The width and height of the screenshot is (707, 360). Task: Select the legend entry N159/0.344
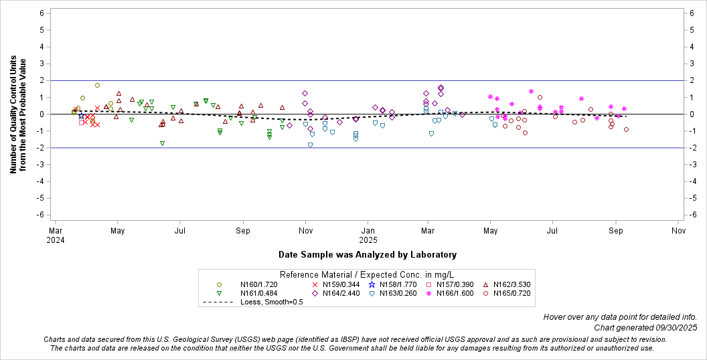[341, 284]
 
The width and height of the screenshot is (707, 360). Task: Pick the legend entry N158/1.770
[398, 284]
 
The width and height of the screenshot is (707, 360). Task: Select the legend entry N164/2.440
[341, 292]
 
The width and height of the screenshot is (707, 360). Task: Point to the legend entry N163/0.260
[398, 292]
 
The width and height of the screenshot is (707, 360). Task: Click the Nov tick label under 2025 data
[678, 231]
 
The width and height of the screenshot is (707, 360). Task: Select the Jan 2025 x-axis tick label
[368, 235]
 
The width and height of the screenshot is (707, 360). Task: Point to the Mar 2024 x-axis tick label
[55, 235]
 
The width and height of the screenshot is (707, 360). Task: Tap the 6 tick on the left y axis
[42, 13]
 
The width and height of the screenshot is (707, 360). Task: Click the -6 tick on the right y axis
[696, 215]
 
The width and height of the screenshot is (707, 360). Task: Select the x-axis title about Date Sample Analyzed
[368, 254]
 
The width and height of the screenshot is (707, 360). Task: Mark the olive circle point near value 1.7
[97, 85]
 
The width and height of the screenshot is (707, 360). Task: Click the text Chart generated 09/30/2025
[645, 328]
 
